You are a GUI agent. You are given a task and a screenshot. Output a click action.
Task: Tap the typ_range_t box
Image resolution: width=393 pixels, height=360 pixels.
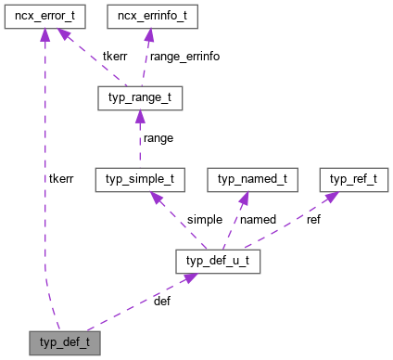point(139,97)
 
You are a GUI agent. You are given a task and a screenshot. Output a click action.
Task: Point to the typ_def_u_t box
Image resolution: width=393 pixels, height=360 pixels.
point(219,262)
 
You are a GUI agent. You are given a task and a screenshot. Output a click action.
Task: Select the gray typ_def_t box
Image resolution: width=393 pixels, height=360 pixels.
point(63,342)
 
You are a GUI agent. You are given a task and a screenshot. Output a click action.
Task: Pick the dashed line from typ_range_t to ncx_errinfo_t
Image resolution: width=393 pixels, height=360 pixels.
point(145,58)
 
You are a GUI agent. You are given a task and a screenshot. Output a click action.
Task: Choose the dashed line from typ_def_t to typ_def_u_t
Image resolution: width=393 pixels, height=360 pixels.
point(139,302)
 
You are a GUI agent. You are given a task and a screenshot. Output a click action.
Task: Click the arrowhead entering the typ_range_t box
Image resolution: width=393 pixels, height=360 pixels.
point(139,117)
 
